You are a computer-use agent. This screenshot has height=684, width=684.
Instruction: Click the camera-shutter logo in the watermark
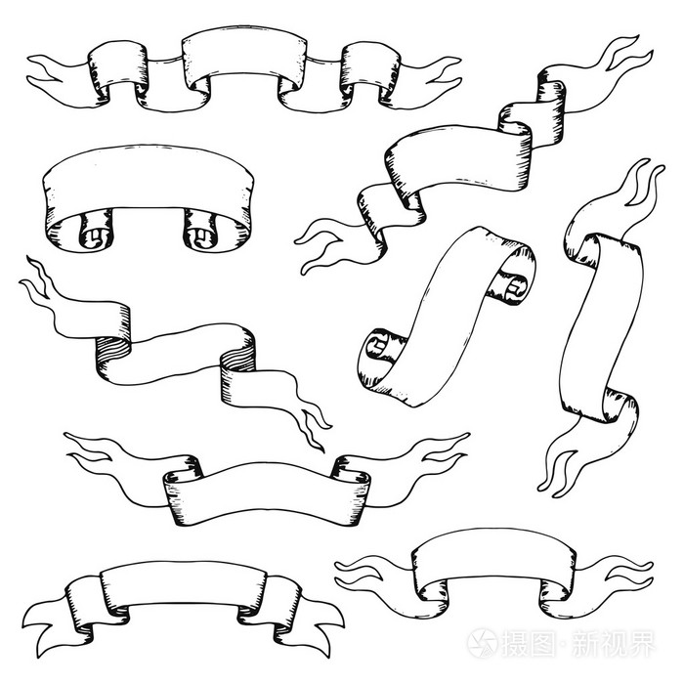482,643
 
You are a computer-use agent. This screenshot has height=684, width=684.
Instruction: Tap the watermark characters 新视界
613,643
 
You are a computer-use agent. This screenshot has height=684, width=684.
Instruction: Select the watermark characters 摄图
529,643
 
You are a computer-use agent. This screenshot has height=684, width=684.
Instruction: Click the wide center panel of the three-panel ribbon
244,57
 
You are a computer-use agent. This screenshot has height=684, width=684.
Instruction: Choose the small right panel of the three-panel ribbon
370,64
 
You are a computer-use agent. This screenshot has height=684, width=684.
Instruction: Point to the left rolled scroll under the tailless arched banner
95,230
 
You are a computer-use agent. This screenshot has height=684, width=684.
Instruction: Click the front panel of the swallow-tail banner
184,584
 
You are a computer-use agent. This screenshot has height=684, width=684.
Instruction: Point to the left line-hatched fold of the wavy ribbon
113,354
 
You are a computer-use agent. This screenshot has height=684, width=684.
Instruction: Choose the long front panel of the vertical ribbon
602,327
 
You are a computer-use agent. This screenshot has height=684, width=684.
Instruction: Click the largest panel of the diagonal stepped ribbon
458,159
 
